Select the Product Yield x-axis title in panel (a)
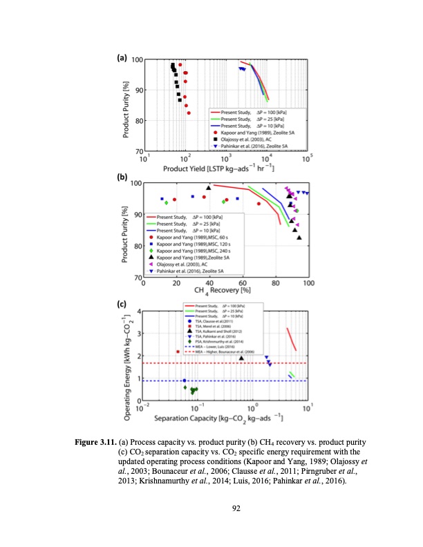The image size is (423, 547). point(223,168)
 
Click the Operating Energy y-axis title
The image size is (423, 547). point(128,355)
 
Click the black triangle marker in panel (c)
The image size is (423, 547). point(241,357)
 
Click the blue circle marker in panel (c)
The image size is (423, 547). point(184,381)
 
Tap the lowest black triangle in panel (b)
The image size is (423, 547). point(299,238)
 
